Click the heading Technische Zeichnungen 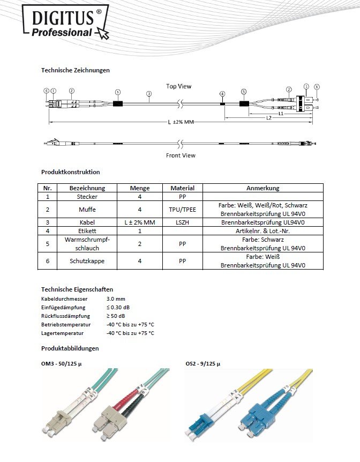click(75, 70)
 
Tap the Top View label click(178, 86)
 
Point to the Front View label click(181, 155)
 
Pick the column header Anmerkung click(262, 188)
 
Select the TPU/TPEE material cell click(182, 209)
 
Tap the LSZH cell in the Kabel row click(182, 221)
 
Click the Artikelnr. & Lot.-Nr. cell click(262, 230)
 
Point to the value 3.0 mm click(116, 297)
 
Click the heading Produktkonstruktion click(70, 172)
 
